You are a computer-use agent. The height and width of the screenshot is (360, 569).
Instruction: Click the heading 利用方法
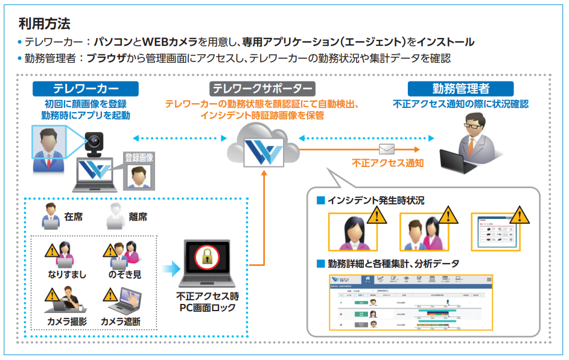(x=45, y=24)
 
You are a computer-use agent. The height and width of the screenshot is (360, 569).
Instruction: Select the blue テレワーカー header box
(x=85, y=89)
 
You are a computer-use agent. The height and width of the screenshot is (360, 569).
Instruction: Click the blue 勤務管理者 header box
(x=460, y=89)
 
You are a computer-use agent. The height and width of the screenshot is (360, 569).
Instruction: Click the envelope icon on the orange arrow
(x=387, y=149)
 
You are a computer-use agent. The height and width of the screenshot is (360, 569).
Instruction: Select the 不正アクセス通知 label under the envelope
(x=388, y=163)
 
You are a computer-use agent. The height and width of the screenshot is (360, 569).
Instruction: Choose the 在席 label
(x=74, y=216)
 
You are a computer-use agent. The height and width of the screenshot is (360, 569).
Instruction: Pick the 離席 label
(x=138, y=216)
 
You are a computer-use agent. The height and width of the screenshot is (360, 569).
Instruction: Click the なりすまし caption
(x=67, y=274)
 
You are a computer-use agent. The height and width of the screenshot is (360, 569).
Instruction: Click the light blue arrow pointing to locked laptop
(x=171, y=266)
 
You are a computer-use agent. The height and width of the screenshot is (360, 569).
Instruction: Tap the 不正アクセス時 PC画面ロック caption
(x=208, y=303)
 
